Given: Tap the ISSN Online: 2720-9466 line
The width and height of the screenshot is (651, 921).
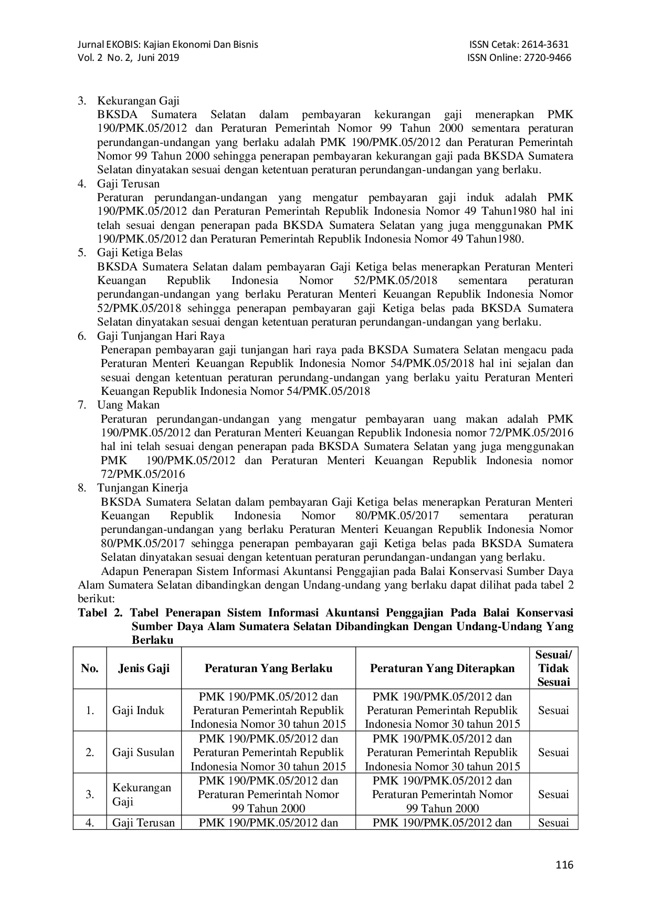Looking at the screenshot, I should (519, 58).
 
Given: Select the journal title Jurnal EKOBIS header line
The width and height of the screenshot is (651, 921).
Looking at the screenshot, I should (167, 45).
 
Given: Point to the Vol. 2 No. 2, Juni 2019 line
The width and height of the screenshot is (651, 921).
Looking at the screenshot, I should (128, 58).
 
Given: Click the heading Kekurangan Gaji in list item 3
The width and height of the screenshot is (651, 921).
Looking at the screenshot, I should (138, 101).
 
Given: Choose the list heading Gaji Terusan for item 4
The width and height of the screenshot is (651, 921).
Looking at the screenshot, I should (128, 184).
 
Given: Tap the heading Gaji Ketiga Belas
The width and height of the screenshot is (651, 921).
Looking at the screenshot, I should (140, 253).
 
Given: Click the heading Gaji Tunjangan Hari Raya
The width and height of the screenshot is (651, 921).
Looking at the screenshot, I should (161, 336).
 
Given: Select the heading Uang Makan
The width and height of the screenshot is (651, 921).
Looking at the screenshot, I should (128, 405).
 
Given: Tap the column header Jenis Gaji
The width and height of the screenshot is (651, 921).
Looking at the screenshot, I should (144, 668).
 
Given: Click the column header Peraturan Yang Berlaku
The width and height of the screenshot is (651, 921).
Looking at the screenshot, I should (268, 668).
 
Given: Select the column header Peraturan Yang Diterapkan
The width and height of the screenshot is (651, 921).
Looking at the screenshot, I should (443, 668).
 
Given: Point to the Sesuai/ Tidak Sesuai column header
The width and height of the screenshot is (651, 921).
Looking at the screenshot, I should (553, 668).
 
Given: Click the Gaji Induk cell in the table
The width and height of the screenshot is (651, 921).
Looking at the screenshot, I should (138, 710).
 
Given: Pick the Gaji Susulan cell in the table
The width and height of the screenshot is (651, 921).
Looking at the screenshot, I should (143, 752).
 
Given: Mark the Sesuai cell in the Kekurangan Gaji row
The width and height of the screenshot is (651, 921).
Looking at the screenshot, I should (553, 794).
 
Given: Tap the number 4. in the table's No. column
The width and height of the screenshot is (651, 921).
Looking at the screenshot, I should (90, 823).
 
